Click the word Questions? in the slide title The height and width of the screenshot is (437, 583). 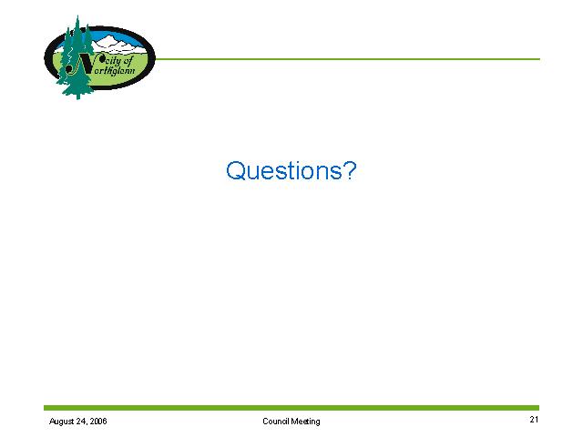coord(291,171)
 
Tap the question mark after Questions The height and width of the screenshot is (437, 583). coord(350,170)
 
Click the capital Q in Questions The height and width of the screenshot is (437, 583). coord(235,170)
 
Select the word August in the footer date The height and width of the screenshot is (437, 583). coord(61,422)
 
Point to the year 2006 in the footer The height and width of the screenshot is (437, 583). coord(98,421)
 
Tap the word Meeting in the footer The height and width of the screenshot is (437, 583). coord(305,422)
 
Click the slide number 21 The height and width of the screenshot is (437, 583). coord(534,419)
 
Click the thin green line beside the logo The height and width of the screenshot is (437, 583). coord(347,58)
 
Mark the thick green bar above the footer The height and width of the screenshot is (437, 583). coord(291,408)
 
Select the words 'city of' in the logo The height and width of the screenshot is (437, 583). coord(118,61)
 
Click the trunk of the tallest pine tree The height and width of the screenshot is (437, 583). coord(77,96)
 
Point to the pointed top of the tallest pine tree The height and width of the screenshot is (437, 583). coord(77,15)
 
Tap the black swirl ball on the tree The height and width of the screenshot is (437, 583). coord(69,69)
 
